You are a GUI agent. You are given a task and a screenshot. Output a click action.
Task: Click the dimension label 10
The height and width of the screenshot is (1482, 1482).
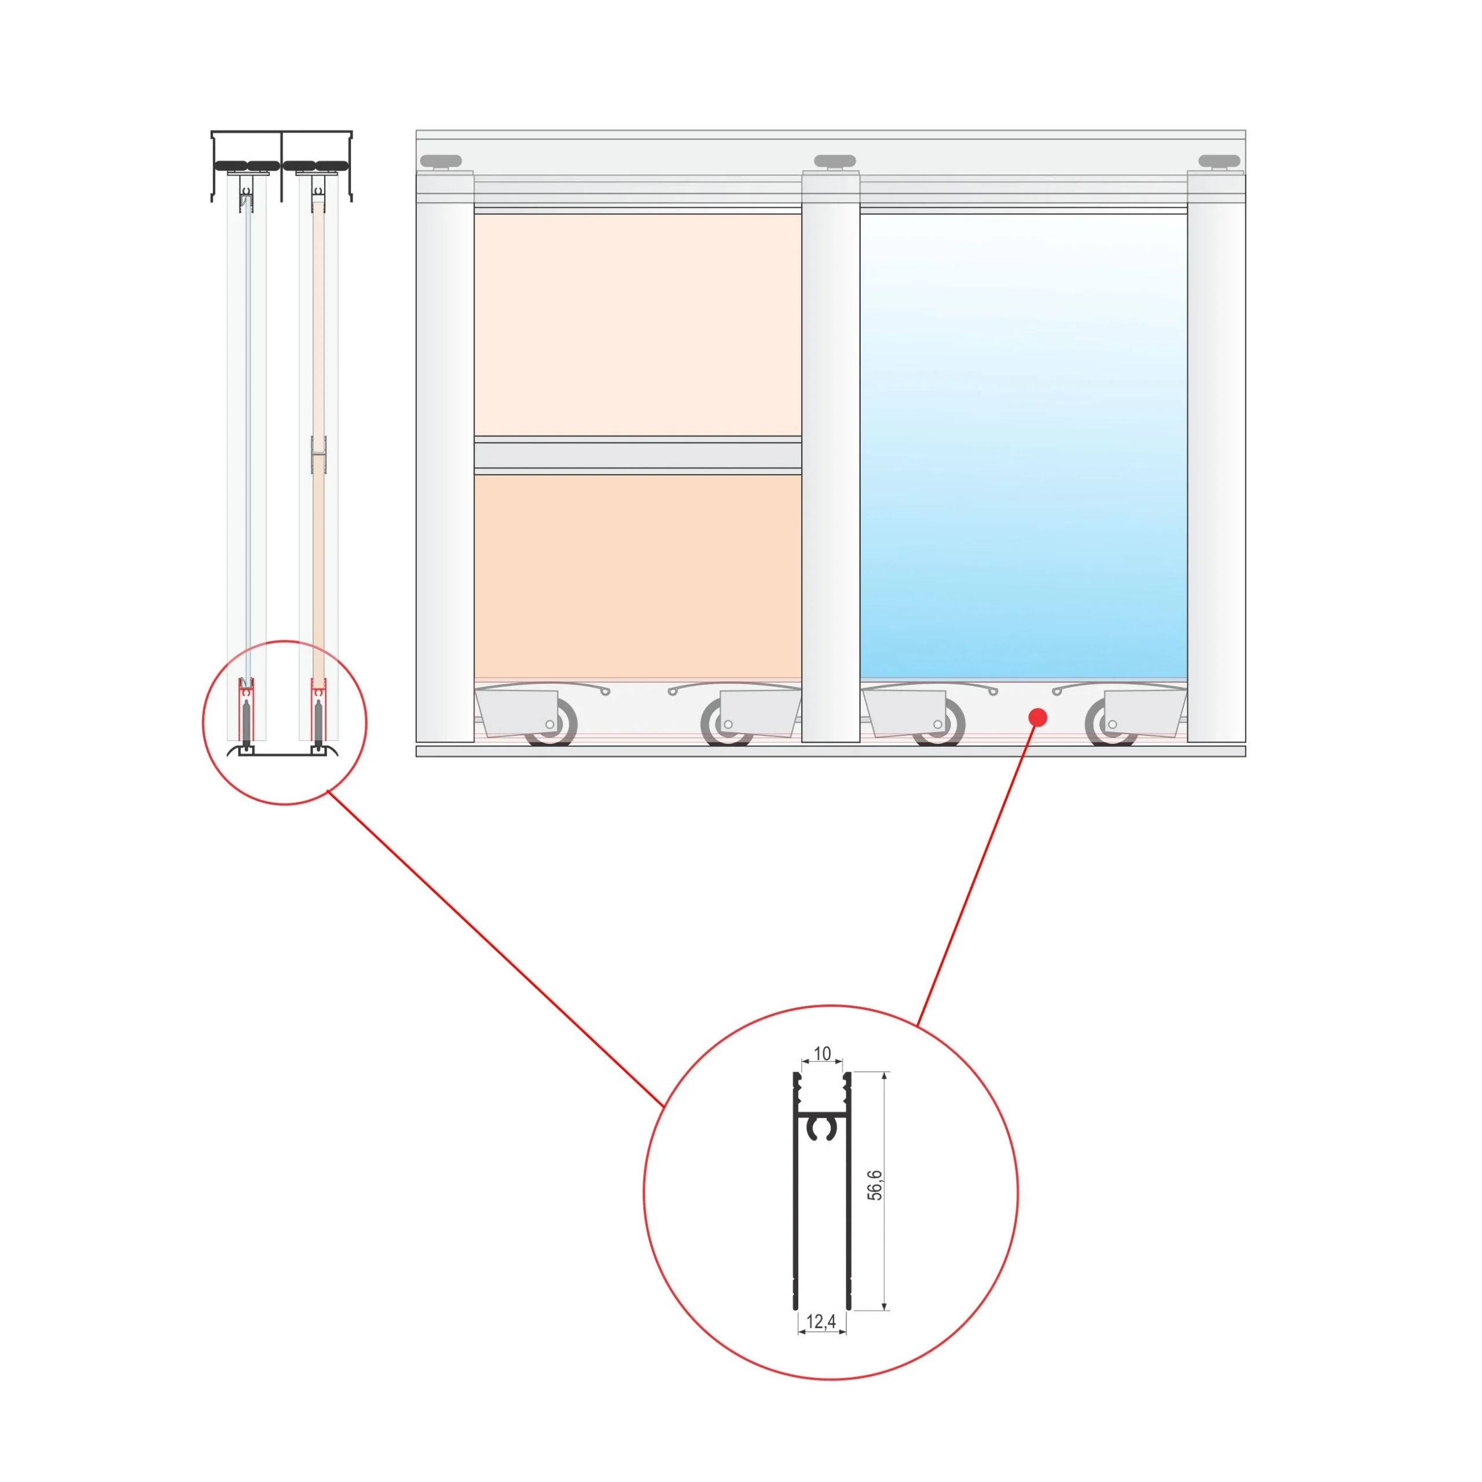click(x=822, y=1053)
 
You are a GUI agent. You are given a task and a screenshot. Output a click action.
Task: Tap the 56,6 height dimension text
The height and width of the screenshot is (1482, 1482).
click(x=875, y=1185)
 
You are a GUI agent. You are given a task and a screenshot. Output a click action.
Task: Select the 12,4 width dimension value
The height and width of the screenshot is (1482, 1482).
click(x=821, y=1322)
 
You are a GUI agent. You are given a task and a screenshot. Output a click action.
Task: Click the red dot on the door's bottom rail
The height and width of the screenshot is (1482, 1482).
click(x=1038, y=717)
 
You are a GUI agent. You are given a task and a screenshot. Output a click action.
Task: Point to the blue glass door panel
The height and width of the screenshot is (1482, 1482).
click(x=1024, y=446)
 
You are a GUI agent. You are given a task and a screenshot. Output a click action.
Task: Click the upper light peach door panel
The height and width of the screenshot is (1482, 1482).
click(x=637, y=324)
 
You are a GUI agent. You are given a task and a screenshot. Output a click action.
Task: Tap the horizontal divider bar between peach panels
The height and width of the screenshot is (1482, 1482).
click(x=637, y=456)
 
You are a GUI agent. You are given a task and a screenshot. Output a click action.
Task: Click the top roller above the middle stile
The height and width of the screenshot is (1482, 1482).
click(x=835, y=161)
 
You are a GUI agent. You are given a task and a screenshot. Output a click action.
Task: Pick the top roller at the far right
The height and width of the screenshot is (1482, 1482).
click(x=1219, y=161)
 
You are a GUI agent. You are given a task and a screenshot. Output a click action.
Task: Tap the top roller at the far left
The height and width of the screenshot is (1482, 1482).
click(x=441, y=161)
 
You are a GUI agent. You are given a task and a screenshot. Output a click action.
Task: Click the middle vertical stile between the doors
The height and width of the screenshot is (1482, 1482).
click(x=831, y=456)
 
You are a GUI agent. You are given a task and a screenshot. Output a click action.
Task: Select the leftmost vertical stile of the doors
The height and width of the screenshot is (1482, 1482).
click(x=445, y=456)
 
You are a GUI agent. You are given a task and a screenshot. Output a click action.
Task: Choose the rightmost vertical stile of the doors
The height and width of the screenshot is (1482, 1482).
click(x=1217, y=456)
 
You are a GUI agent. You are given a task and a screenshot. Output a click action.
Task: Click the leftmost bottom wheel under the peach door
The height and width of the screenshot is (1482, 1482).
click(x=550, y=725)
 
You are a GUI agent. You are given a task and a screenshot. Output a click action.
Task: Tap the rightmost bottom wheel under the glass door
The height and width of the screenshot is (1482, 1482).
click(x=1111, y=725)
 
